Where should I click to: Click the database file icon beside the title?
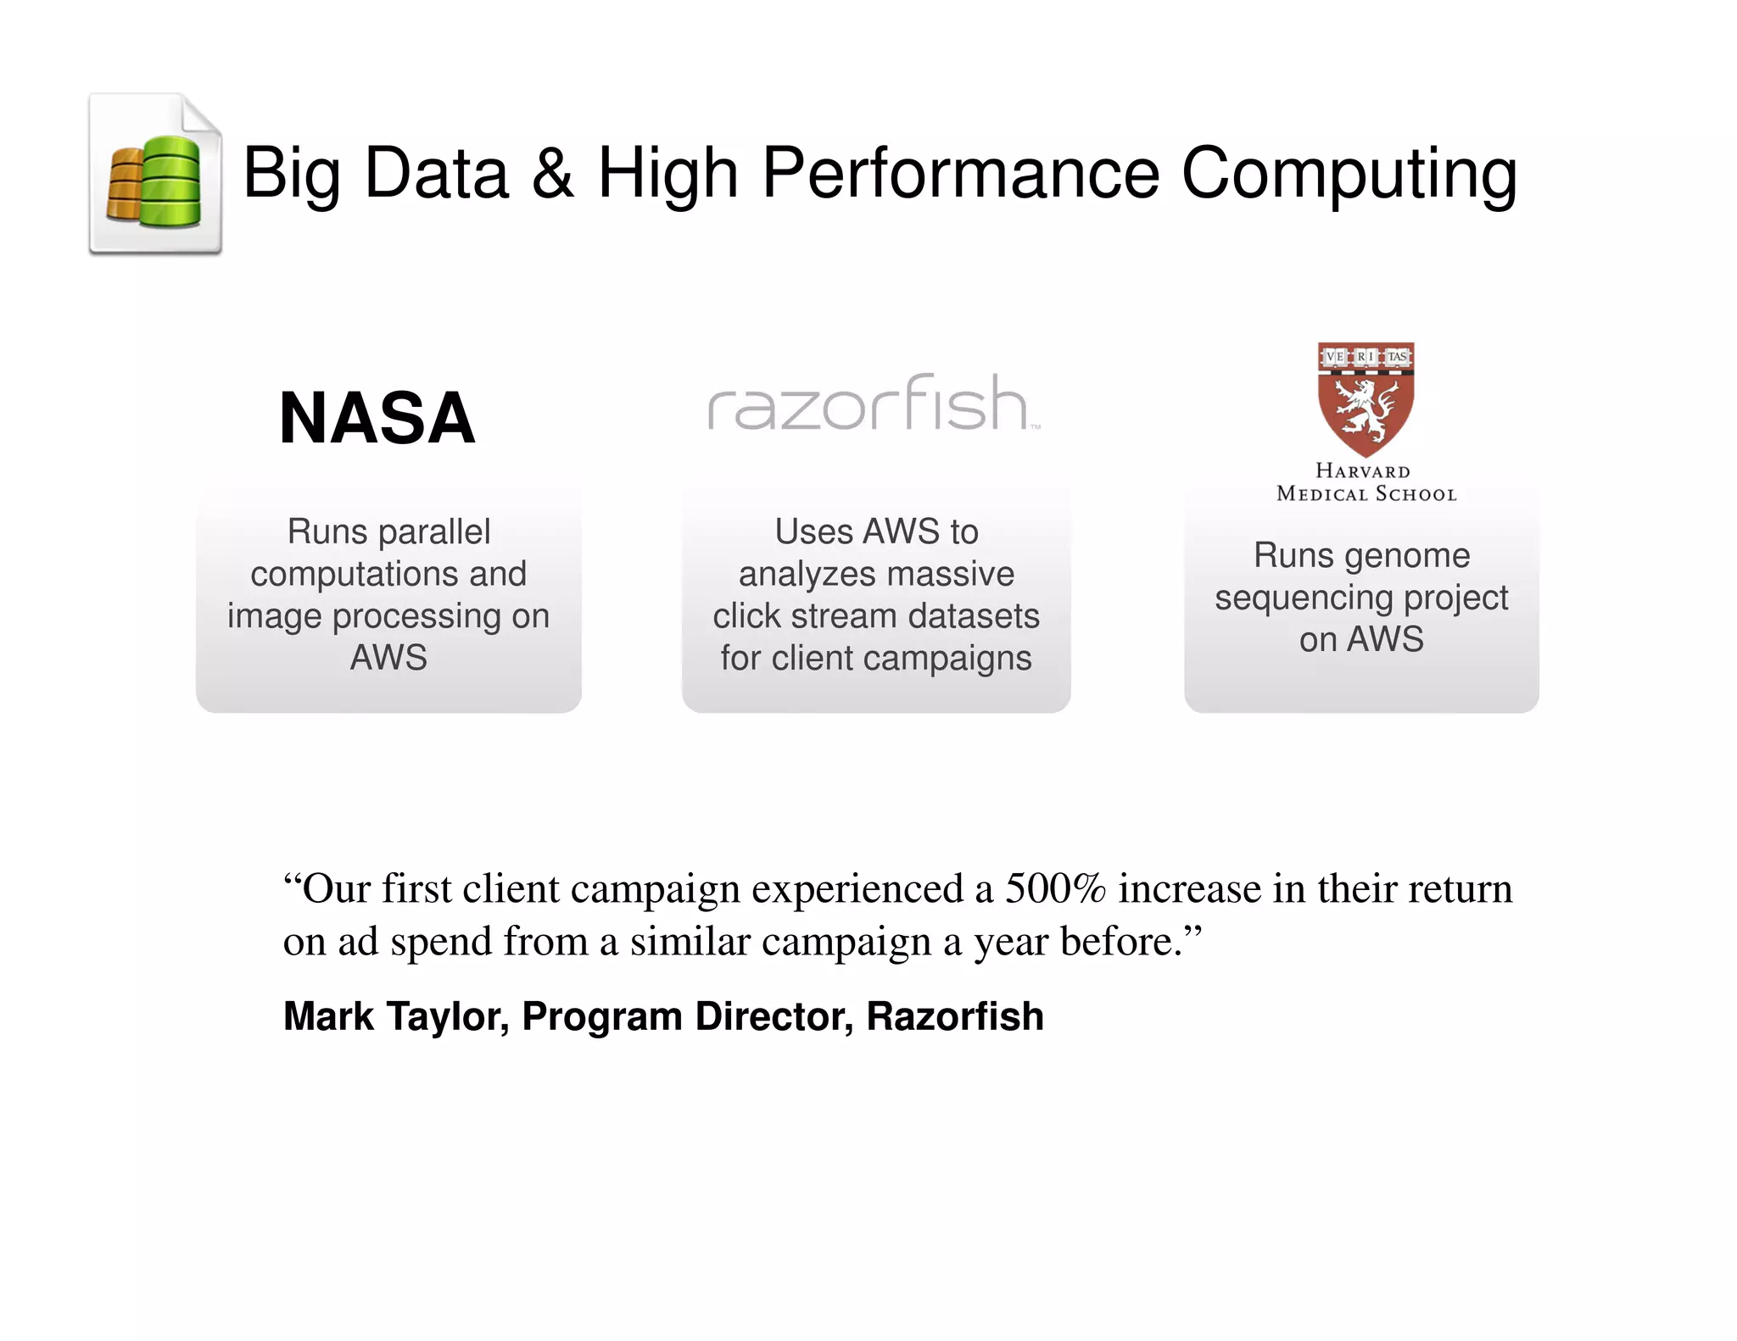click(156, 175)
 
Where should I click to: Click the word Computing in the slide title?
click(1349, 174)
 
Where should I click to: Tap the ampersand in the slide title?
click(552, 173)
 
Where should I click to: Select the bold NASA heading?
click(377, 418)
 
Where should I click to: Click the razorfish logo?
click(873, 403)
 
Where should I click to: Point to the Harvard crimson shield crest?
click(1366, 398)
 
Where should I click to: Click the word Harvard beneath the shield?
click(1363, 471)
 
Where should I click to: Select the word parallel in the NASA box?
click(433, 532)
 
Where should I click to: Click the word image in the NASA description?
click(274, 616)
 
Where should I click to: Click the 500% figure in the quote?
click(1055, 889)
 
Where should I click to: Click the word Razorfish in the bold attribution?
click(954, 1016)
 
